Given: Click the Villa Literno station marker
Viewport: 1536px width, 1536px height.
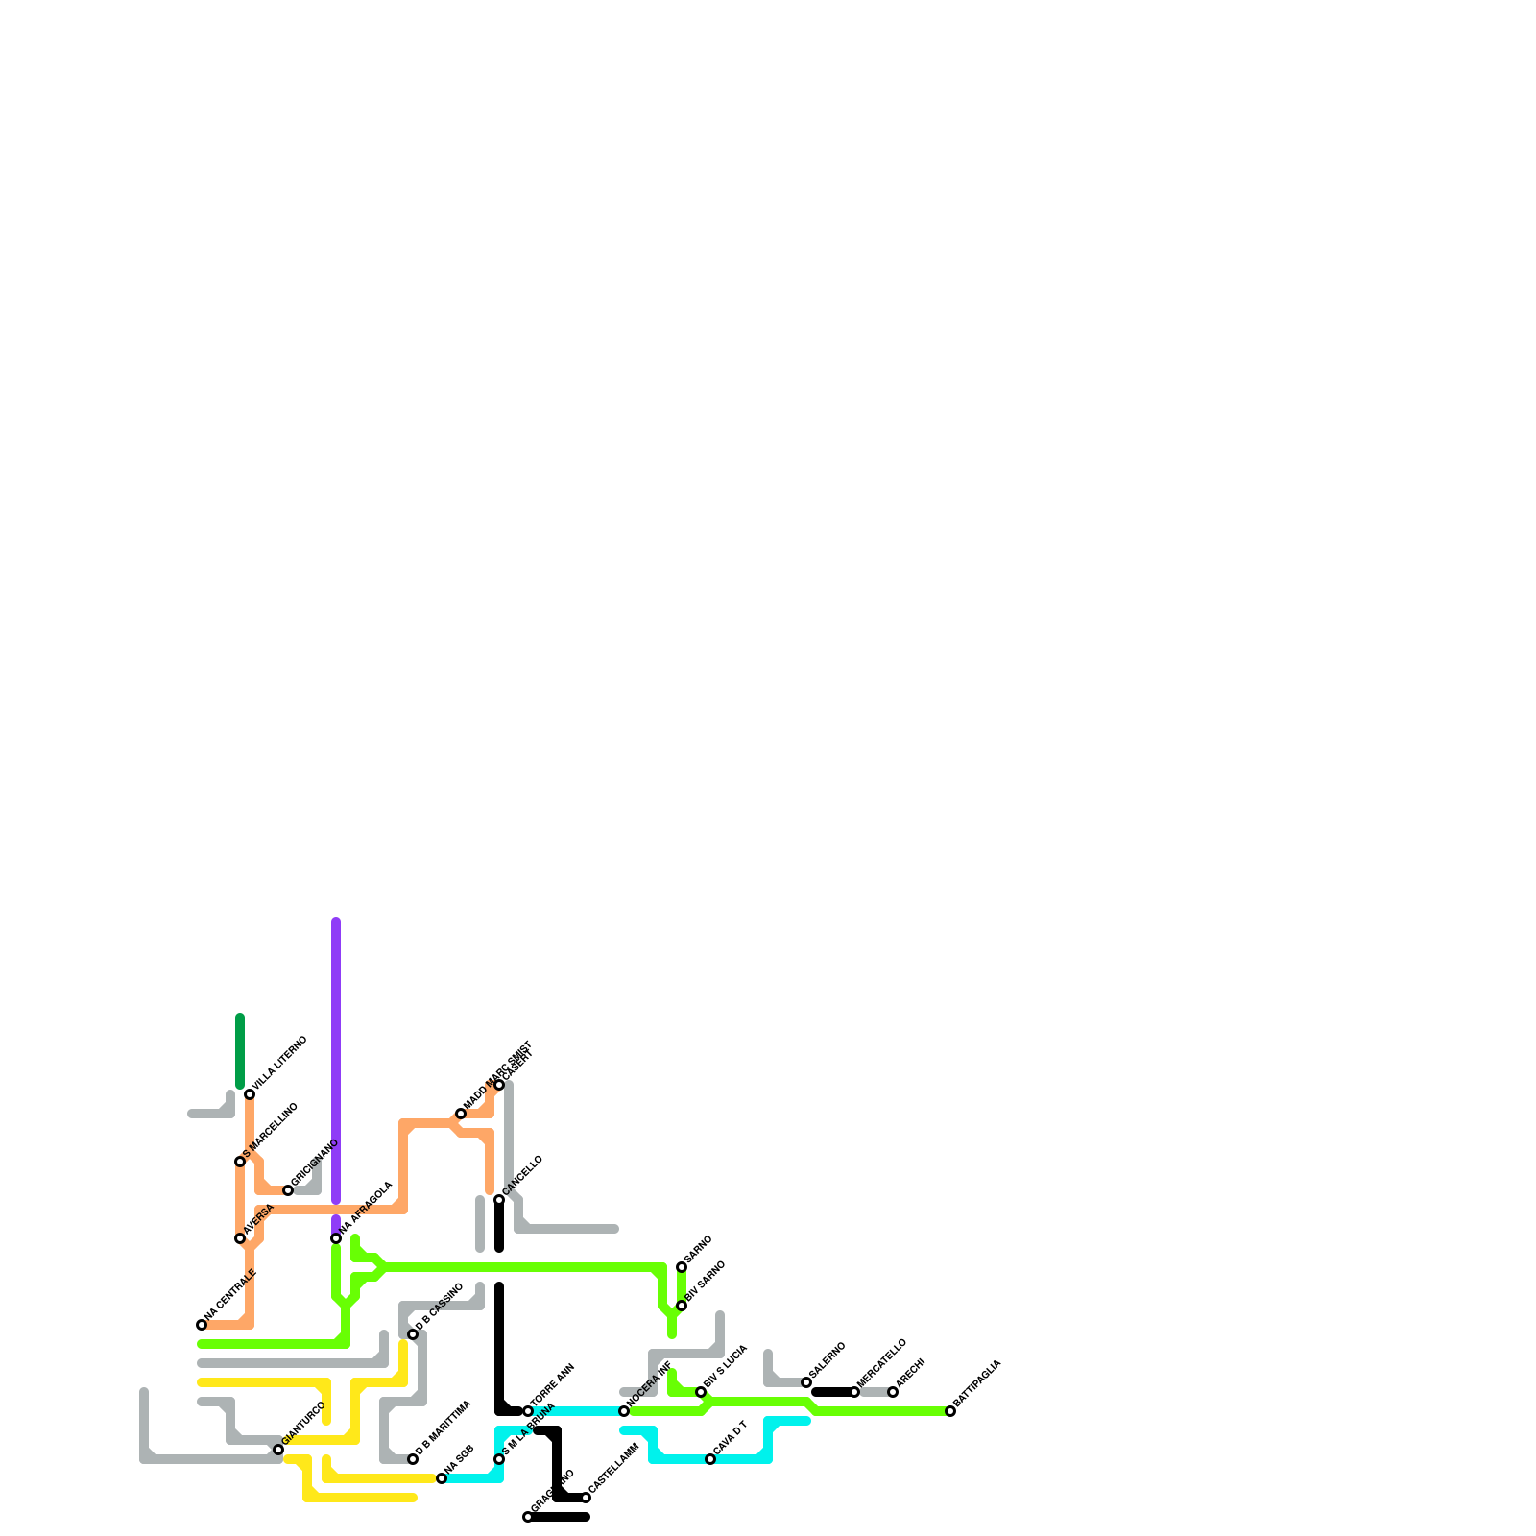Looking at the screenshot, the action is click(x=250, y=1094).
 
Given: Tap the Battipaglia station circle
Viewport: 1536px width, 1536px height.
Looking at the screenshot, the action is click(x=950, y=1411).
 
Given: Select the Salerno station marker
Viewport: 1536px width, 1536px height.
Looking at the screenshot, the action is click(x=806, y=1382).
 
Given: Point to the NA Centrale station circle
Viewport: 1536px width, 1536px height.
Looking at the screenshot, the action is click(x=202, y=1325).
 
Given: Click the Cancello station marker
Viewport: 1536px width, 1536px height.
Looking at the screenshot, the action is click(x=499, y=1200).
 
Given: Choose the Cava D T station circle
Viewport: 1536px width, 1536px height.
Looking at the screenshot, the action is click(x=710, y=1459).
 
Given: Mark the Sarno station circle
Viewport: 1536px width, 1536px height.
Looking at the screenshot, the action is click(x=682, y=1267).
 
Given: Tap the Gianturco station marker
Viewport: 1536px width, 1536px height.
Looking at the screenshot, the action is click(x=278, y=1450).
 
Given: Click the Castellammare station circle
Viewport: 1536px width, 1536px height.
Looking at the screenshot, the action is click(x=586, y=1498).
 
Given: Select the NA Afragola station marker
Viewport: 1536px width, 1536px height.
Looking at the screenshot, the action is click(x=336, y=1238).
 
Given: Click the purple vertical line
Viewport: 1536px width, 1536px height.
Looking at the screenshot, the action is click(x=336, y=1056).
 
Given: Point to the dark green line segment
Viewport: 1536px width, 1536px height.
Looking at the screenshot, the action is click(x=240, y=1051).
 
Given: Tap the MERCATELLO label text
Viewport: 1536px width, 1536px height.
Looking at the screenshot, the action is click(x=882, y=1362).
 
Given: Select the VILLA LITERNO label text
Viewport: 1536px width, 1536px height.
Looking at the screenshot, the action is click(x=279, y=1063).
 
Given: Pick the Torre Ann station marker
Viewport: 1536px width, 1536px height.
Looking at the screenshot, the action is click(x=528, y=1411).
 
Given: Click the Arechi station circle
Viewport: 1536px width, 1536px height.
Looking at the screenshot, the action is click(x=893, y=1392).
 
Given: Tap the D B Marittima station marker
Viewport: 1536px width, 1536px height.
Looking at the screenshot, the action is click(x=413, y=1459).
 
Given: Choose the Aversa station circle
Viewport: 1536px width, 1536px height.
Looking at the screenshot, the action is click(x=240, y=1238).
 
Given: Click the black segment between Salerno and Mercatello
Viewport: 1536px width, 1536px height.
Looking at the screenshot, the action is click(x=831, y=1392).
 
